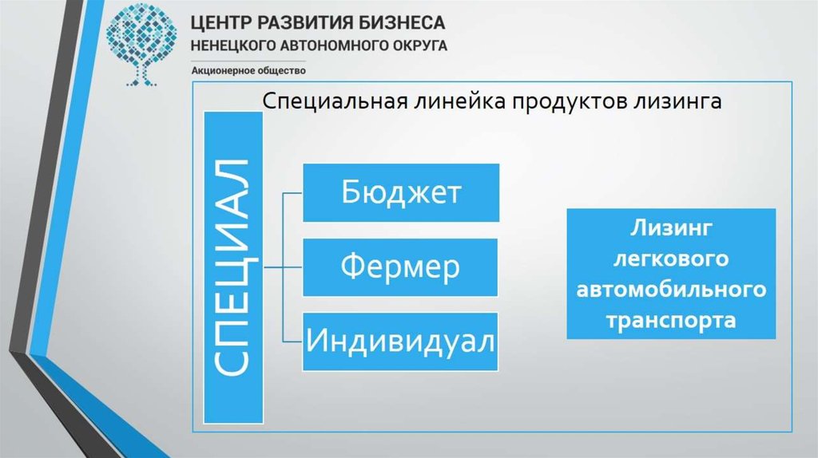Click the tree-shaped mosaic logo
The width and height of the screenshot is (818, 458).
pyautogui.click(x=143, y=43)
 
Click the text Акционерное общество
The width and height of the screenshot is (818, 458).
pyautogui.click(x=248, y=71)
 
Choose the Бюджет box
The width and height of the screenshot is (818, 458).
pyautogui.click(x=400, y=193)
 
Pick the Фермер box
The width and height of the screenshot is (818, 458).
pyautogui.click(x=400, y=267)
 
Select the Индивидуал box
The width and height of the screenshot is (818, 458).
pyautogui.click(x=400, y=342)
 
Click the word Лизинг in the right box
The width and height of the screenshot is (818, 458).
pyautogui.click(x=671, y=230)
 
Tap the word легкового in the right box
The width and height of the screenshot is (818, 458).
pyautogui.click(x=671, y=259)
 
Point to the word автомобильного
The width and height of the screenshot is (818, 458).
pyautogui.click(x=671, y=290)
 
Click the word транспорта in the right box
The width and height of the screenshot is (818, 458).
pyautogui.click(x=671, y=320)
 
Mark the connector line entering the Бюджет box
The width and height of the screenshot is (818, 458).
pyautogui.click(x=293, y=193)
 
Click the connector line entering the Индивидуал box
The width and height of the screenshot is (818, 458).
pyautogui.click(x=293, y=342)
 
